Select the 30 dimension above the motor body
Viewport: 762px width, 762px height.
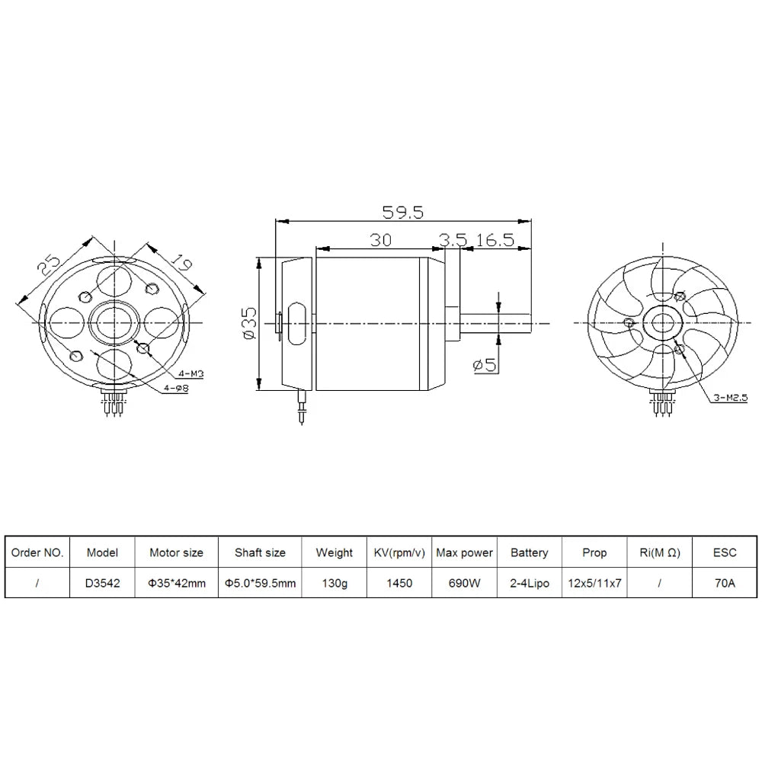[380, 239]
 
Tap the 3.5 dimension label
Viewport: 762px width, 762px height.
[452, 239]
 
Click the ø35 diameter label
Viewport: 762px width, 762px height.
[248, 323]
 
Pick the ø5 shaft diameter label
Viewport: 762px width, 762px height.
[484, 365]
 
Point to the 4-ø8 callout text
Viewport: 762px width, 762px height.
[178, 389]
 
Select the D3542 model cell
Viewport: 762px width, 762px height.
[102, 583]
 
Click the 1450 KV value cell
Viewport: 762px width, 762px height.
[399, 583]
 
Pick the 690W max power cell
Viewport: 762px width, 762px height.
[464, 583]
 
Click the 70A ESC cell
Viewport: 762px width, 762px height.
[725, 583]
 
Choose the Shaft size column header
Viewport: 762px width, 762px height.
[260, 552]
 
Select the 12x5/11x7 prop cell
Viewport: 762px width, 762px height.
[594, 583]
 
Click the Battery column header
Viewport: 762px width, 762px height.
[529, 552]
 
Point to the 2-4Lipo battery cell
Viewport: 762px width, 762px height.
[529, 583]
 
